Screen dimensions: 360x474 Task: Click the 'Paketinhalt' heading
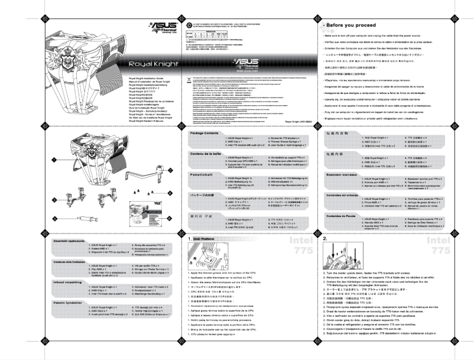[x=201, y=158]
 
